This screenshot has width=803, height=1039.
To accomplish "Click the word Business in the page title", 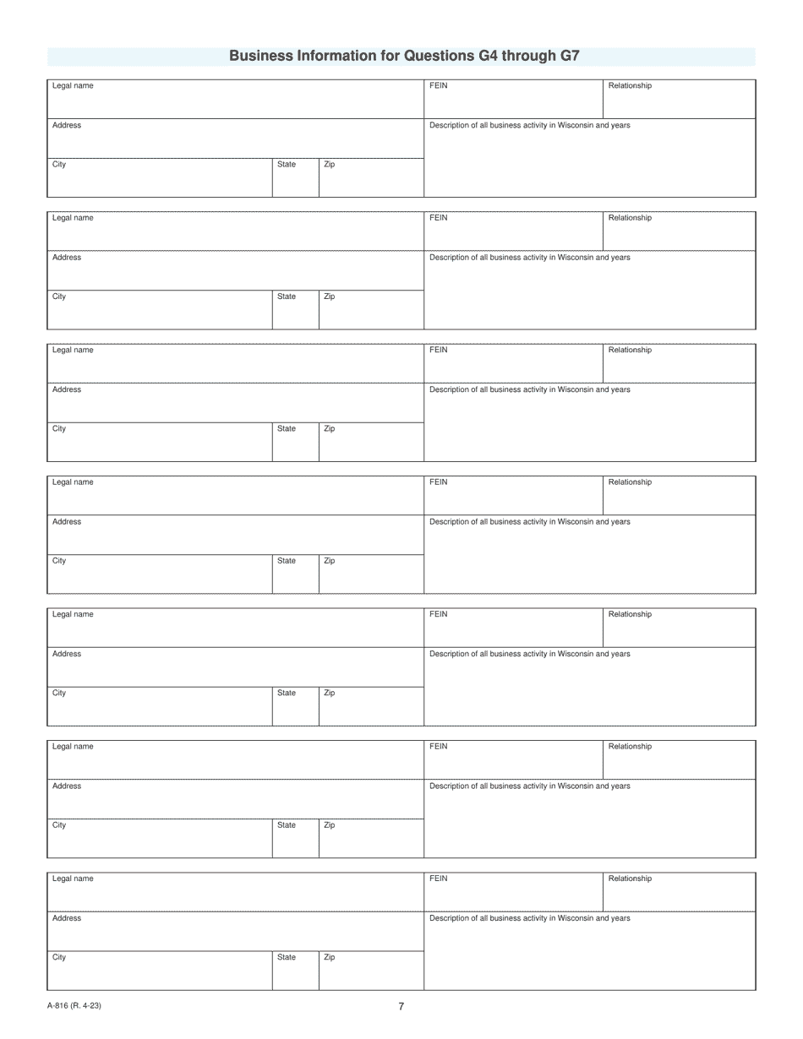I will click(x=260, y=56).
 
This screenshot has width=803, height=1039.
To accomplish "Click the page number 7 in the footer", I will click(x=401, y=1006).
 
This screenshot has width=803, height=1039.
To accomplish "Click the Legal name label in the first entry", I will click(x=73, y=85).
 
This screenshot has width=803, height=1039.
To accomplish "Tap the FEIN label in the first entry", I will click(x=438, y=85).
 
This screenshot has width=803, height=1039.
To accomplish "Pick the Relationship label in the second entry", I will click(x=630, y=218).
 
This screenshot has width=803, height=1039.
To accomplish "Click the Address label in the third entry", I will click(x=67, y=389).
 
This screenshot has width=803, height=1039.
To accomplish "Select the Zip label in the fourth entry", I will click(x=329, y=561).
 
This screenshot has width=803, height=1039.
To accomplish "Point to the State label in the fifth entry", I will click(x=287, y=693).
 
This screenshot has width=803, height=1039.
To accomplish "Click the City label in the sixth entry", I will click(x=59, y=825).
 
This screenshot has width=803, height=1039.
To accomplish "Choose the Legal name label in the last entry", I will click(x=73, y=879).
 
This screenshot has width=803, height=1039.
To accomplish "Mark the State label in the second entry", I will click(x=287, y=296).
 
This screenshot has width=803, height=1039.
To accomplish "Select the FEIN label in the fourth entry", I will click(x=438, y=482).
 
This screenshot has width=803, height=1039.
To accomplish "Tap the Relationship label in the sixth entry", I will click(x=630, y=747).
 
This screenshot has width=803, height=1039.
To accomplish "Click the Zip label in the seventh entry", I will click(x=329, y=957).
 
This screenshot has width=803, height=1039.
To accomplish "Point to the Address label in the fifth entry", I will click(x=67, y=654).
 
